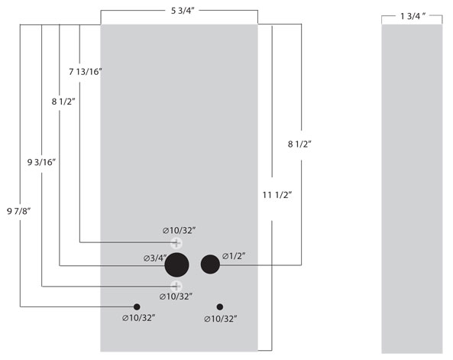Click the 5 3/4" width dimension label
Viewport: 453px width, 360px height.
tap(183, 11)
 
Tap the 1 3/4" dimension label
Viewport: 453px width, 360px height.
tap(413, 16)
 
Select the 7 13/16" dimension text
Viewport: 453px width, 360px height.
tap(86, 71)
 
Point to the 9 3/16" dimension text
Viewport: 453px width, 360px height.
tap(41, 162)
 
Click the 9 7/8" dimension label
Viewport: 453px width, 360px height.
tap(19, 212)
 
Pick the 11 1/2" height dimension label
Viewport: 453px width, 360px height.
tap(277, 195)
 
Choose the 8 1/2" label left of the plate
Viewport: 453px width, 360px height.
tap(63, 102)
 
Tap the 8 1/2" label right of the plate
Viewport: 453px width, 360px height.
tap(299, 144)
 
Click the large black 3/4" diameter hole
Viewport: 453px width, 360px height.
tap(176, 265)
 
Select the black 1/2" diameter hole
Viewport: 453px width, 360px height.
tap(210, 264)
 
